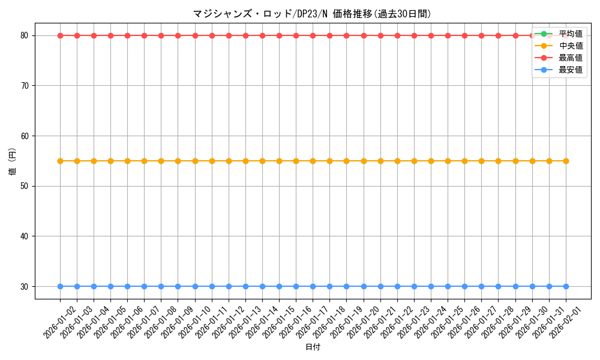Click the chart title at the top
tap(312, 14)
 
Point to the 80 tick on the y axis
tap(25, 35)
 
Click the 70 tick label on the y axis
tap(25, 86)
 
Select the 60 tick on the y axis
tap(25, 136)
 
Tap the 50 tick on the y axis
tap(25, 186)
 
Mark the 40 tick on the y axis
tap(25, 236)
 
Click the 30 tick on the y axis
tap(25, 287)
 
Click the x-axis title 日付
tap(313, 347)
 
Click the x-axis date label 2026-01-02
tap(60, 321)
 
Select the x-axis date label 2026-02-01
tap(565, 321)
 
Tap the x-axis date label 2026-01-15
tap(278, 321)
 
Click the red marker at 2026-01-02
tap(60, 35)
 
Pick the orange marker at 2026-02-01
tap(566, 161)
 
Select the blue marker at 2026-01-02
tap(60, 286)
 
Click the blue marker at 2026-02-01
tap(566, 286)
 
